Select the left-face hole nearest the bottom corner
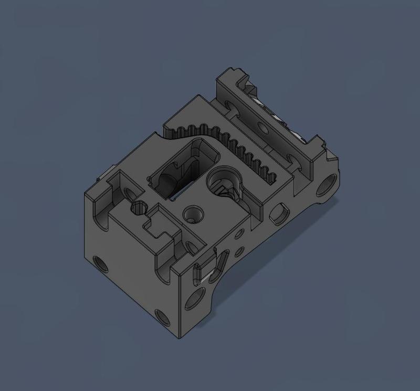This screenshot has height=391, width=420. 162,317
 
